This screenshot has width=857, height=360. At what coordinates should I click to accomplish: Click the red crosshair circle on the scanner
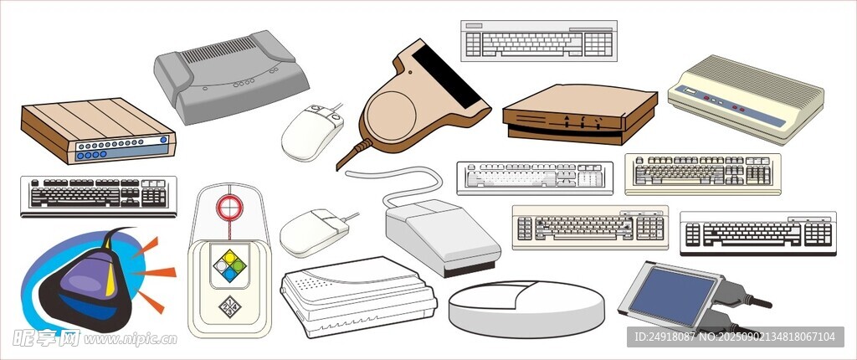pos(229,207)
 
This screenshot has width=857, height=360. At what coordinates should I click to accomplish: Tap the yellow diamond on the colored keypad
pos(229,256)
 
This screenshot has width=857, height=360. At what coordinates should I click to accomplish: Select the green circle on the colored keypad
pos(239,266)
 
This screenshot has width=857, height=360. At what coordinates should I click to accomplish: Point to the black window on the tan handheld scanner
pos(447,76)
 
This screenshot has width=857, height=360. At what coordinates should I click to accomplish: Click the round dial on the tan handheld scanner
pos(390,116)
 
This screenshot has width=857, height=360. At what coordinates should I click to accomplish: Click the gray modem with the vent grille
pos(231,76)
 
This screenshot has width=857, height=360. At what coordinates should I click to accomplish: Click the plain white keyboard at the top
pos(539,41)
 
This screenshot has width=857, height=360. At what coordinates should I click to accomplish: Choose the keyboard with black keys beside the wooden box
pos(99,196)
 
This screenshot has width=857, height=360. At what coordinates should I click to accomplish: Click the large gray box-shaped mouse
pos(443,236)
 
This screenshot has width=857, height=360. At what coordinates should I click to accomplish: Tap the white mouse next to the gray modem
pos(312,132)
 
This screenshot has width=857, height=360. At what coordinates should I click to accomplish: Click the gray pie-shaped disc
pos(527,309)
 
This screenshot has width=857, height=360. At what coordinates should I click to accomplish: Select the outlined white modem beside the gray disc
pos(358,296)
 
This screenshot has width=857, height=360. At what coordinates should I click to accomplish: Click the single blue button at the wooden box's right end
pos(163,140)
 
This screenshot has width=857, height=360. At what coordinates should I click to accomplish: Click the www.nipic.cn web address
pos(131,339)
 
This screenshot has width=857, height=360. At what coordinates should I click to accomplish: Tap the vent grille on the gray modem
pos(218,49)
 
